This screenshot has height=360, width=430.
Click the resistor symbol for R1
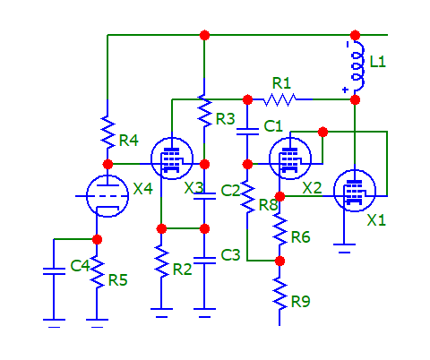pyautogui.click(x=279, y=99)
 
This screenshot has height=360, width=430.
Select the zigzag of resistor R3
pyautogui.click(x=204, y=111)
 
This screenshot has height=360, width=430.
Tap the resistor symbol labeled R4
pyautogui.click(x=107, y=132)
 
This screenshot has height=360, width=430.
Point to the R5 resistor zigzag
pyautogui.click(x=97, y=272)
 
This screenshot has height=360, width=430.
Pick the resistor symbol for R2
pyautogui.click(x=161, y=261)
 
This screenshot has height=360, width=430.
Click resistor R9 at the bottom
pyautogui.click(x=279, y=294)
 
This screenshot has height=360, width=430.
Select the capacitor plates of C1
pyautogui.click(x=247, y=132)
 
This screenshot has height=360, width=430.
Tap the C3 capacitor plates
pyautogui.click(x=204, y=261)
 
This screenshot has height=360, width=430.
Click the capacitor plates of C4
pyautogui.click(x=54, y=271)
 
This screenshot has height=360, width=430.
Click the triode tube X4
pyautogui.click(x=107, y=196)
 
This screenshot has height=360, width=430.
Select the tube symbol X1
pyautogui.click(x=355, y=191)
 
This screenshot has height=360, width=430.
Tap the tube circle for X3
pyautogui.click(x=172, y=159)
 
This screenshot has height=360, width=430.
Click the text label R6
pyautogui.click(x=301, y=237)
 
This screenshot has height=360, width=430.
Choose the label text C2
pyautogui.click(x=230, y=191)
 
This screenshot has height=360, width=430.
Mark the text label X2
pyautogui.click(x=312, y=188)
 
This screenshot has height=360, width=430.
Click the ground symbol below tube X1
pyautogui.click(x=344, y=248)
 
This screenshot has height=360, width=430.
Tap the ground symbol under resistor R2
pyautogui.click(x=161, y=313)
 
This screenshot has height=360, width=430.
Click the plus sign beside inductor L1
pyautogui.click(x=345, y=90)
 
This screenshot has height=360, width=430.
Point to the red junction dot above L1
pyautogui.click(x=355, y=35)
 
